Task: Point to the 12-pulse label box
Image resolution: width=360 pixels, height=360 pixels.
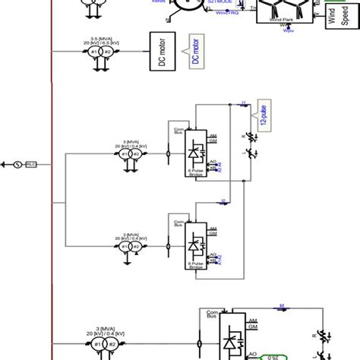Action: (x=263, y=112)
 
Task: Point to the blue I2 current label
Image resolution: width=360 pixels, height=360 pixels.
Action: (x=223, y=200)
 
